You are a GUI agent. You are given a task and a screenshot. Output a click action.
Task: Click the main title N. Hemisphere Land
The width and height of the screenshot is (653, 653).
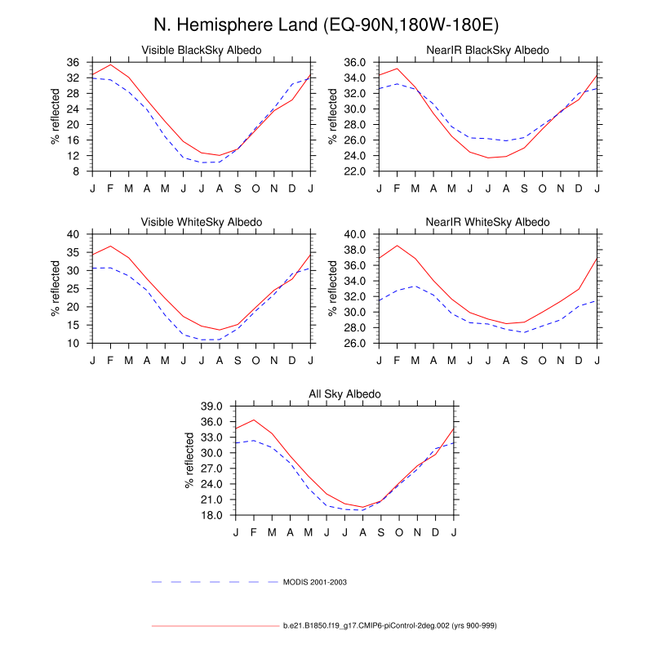pos(326,24)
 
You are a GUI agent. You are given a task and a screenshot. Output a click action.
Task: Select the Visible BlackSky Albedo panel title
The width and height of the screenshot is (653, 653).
pos(202,51)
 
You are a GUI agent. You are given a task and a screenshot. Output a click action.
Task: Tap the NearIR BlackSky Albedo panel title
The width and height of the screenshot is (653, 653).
pos(488,51)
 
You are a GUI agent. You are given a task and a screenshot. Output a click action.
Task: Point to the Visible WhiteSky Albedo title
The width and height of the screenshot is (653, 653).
pos(202,222)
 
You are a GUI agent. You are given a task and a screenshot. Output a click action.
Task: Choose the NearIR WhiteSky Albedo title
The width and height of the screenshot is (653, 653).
pos(488,222)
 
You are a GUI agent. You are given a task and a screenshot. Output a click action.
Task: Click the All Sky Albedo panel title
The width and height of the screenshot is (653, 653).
pos(344,394)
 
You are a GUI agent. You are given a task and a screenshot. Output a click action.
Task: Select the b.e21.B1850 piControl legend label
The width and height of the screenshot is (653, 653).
pos(390,625)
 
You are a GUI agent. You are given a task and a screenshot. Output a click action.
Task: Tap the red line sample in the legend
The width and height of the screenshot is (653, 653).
pos(215,625)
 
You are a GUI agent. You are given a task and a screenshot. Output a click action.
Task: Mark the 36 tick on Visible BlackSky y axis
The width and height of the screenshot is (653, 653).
pos(73,62)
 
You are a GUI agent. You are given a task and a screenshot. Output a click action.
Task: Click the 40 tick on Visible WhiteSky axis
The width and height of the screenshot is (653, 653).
pos(73,234)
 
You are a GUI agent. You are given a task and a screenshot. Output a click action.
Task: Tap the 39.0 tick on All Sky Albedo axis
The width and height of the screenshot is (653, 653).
pos(211,406)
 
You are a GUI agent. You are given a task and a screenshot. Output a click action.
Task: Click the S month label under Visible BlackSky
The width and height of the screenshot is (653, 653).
pos(238,189)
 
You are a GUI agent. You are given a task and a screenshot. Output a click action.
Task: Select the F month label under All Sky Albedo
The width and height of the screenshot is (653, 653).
pos(255,533)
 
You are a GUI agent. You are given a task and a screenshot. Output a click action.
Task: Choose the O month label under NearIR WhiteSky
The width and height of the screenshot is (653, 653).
pos(543,361)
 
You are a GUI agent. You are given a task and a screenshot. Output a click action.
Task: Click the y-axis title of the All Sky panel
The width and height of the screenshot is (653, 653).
pos(190,460)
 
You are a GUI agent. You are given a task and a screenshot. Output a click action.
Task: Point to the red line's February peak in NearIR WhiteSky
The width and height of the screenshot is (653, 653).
pos(398,246)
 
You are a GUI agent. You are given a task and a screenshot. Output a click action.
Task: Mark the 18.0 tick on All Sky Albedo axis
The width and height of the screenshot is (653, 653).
pos(211,515)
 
